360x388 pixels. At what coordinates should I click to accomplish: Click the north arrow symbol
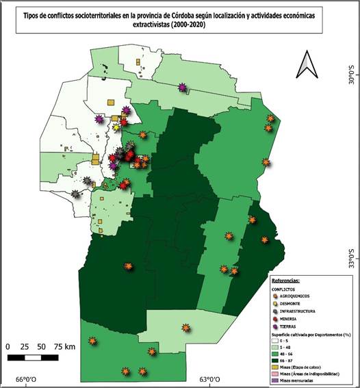(x=305, y=66)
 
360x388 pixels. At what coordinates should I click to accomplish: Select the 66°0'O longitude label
(x=29, y=380)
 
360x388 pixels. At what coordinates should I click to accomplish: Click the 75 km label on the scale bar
(x=66, y=347)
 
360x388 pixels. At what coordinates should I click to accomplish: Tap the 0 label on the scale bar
(x=8, y=347)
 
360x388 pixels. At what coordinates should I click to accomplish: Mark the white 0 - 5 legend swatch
(x=275, y=341)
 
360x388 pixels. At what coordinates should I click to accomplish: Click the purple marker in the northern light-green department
(x=182, y=86)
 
